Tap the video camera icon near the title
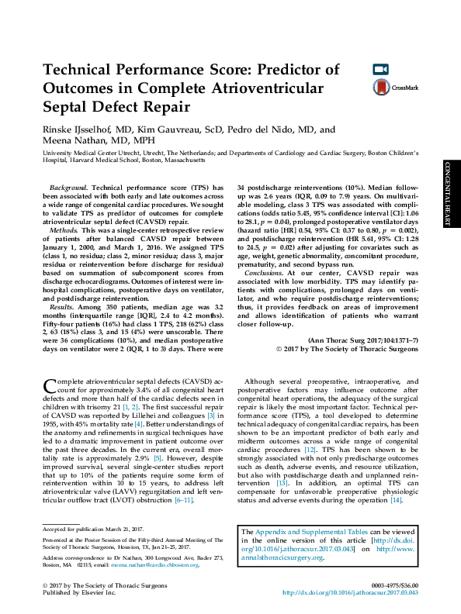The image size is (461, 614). pos(380,70)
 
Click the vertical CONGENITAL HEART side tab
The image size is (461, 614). pos(449,195)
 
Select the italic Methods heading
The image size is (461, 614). pos(63,231)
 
